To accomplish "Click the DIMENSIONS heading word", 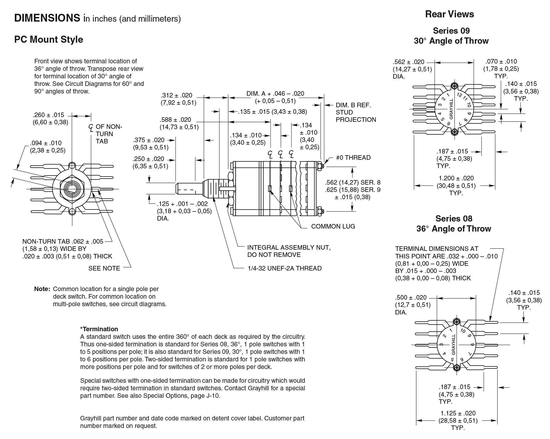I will tap(47, 18).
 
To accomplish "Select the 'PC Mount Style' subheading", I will tap(49, 39).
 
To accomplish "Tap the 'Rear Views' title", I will tap(449, 14).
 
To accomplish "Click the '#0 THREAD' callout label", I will tap(353, 157).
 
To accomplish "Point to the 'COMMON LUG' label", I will tap(333, 226).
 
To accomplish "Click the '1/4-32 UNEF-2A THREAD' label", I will tap(285, 268).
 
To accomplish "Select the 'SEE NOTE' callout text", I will tap(104, 268).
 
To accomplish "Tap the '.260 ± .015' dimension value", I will tap(49, 115).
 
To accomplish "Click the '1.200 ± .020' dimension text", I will tap(456, 178).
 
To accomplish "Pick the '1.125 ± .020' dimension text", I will tap(458, 413).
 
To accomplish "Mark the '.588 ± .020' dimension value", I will tap(175, 120).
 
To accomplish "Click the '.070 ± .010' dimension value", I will tap(501, 61).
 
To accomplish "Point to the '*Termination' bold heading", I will tap(99, 329).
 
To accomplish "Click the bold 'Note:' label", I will tap(42, 289).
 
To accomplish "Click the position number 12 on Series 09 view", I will tap(460, 95).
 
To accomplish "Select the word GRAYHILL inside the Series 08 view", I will tap(453, 345).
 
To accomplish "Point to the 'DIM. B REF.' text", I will tap(353, 105).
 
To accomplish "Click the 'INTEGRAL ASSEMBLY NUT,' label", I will tap(289, 247).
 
